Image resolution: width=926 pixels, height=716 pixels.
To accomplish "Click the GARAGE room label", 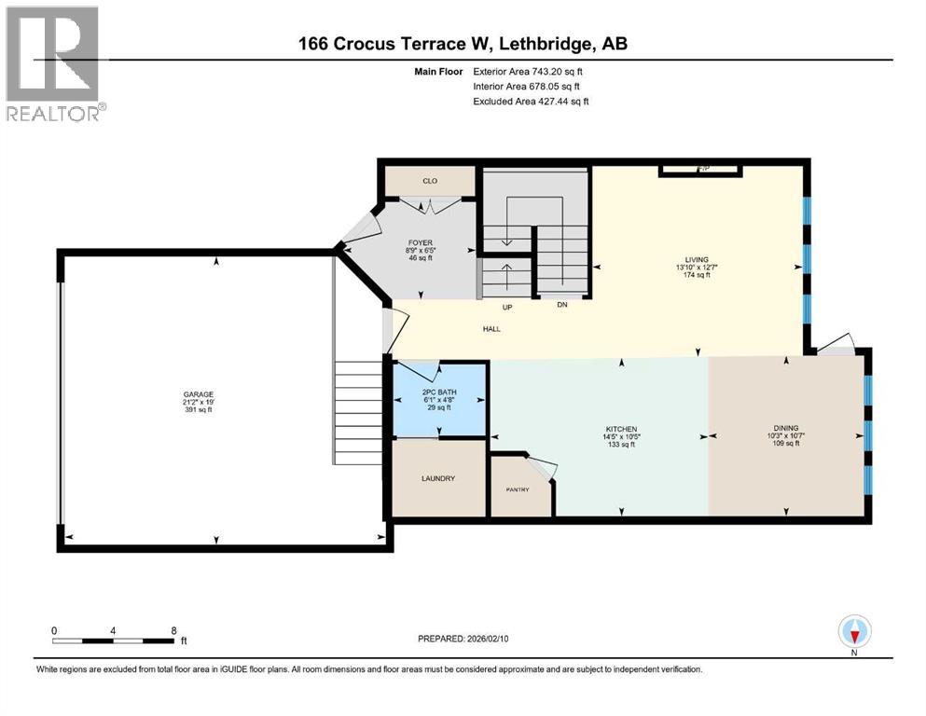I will [198, 394].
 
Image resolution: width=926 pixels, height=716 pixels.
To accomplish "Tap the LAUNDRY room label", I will [437, 478].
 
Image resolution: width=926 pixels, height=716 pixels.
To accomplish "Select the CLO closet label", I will [430, 181].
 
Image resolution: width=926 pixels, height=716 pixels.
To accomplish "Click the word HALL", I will [492, 327].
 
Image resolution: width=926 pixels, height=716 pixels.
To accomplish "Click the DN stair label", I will [561, 305].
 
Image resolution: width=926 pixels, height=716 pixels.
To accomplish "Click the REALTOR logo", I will [55, 64].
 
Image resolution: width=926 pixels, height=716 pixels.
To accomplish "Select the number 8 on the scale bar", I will [174, 630].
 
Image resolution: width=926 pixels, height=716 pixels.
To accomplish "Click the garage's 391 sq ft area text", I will [198, 409].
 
